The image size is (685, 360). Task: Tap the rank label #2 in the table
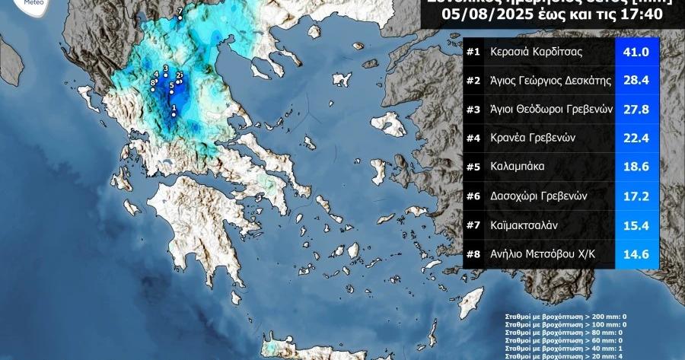tap(473, 81)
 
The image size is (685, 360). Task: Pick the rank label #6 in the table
tap(473, 195)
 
